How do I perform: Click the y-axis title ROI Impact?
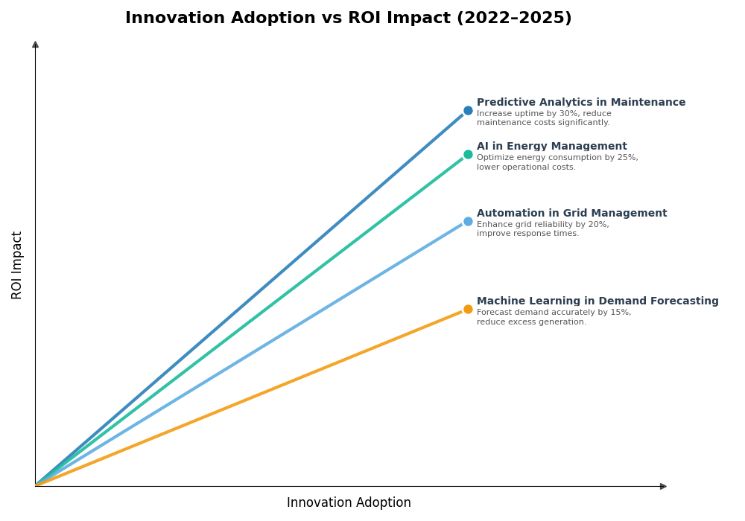17,265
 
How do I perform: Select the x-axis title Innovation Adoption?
349,503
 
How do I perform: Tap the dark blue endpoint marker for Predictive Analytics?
468,111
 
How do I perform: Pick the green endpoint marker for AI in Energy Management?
468,155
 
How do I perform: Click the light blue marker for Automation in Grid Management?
468,222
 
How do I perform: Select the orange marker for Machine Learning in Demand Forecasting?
468,310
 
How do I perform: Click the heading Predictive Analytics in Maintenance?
580,103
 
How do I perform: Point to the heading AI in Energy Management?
551,147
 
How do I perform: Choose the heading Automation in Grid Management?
571,214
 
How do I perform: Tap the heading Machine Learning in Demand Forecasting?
597,301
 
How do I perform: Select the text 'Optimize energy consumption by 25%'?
557,158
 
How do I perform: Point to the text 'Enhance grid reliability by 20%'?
542,225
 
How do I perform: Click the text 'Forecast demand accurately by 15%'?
554,313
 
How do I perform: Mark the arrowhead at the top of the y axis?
35,45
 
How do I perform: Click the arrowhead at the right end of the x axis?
663,486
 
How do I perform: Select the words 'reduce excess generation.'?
531,322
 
